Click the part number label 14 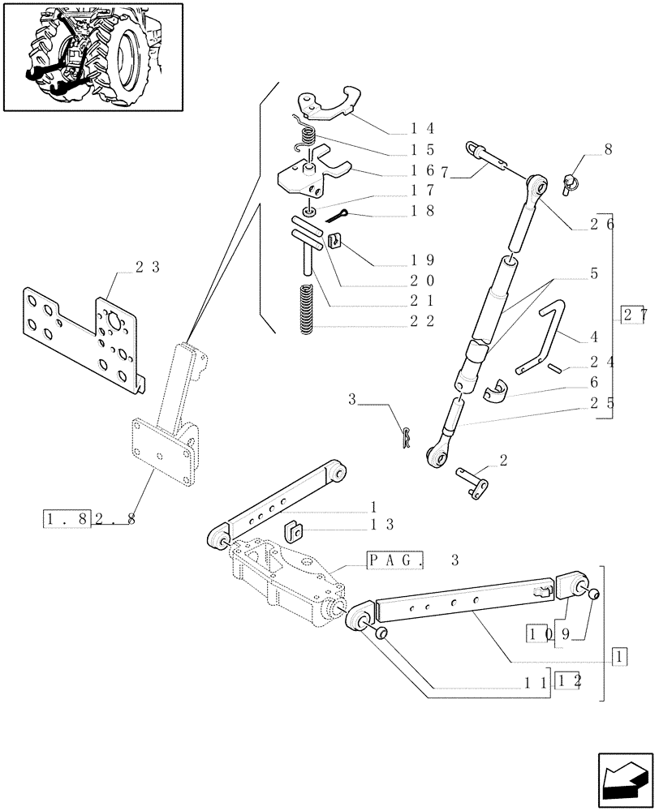pyautogui.click(x=423, y=128)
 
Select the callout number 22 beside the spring pyautogui.click(x=423, y=321)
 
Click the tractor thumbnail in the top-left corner pyautogui.click(x=93, y=56)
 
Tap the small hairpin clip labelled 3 pyautogui.click(x=406, y=436)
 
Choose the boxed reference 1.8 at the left pyautogui.click(x=66, y=517)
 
